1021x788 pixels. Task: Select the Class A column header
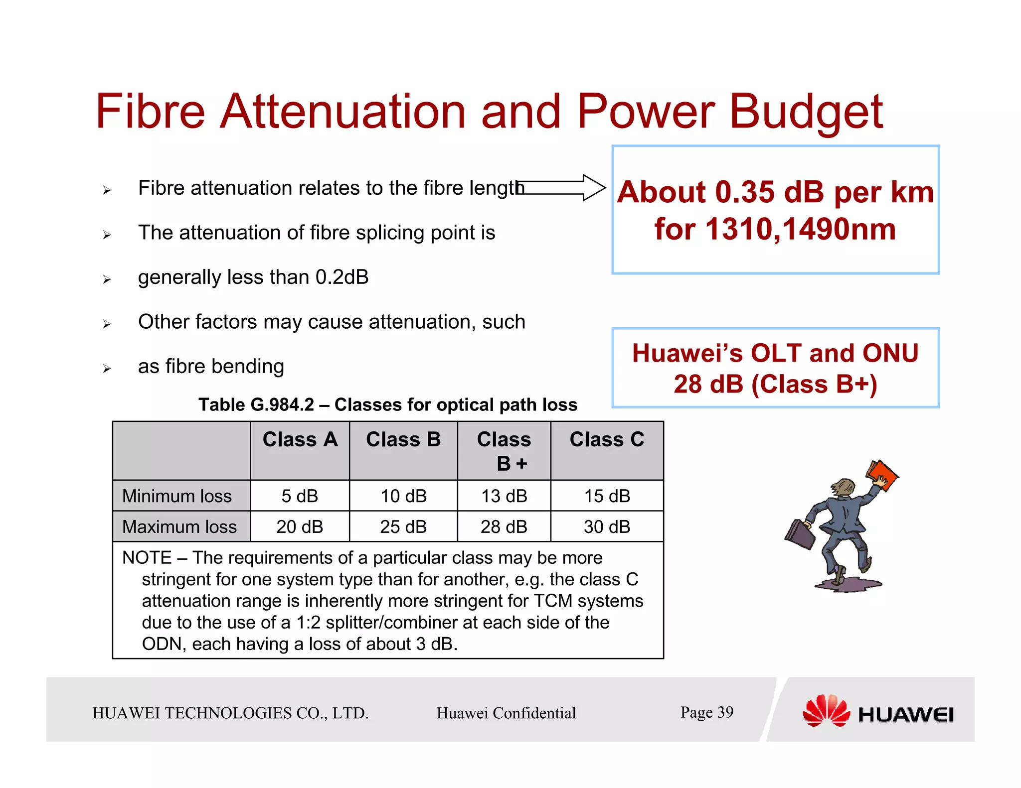[x=300, y=440]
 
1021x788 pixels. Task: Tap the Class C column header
[x=607, y=440]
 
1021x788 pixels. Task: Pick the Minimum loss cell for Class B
[x=403, y=496]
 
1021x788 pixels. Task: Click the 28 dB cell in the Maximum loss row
[x=504, y=526]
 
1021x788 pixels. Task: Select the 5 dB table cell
[x=300, y=496]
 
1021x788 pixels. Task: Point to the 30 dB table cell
[x=607, y=526]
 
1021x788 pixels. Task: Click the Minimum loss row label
[x=177, y=496]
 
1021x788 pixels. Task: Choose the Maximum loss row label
[x=179, y=526]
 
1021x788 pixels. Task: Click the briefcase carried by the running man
[x=801, y=534]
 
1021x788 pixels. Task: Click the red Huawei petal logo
[x=826, y=711]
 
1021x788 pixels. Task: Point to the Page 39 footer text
[x=706, y=712]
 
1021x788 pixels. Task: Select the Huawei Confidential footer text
[x=506, y=713]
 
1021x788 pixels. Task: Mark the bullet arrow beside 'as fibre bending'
[x=107, y=369]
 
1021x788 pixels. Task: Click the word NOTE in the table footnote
[x=147, y=558]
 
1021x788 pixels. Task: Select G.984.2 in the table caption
[x=282, y=405]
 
